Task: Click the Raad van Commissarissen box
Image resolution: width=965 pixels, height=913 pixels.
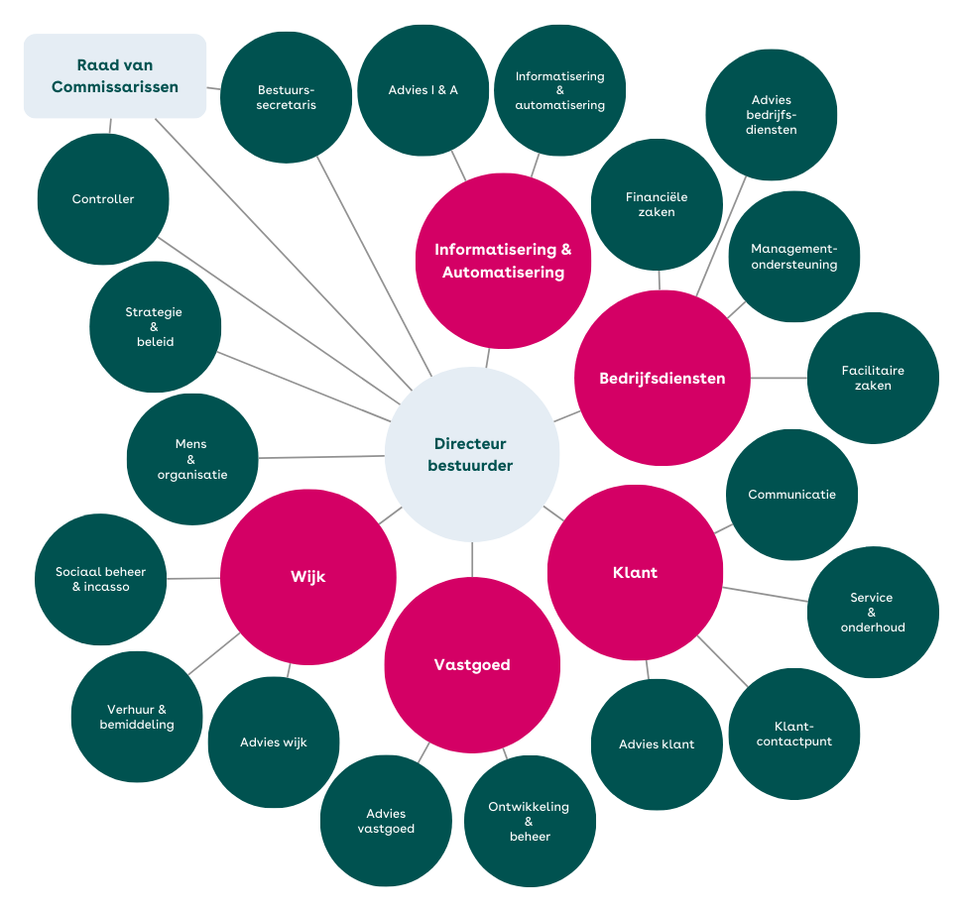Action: point(114,76)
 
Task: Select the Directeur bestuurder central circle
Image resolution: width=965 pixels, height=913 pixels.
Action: point(471,454)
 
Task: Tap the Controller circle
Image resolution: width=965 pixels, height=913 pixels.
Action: point(103,199)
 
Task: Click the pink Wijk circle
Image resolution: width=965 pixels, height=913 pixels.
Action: point(307,577)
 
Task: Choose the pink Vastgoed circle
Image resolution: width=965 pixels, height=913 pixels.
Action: point(472,665)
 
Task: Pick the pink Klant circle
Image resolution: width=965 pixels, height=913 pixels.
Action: point(635,572)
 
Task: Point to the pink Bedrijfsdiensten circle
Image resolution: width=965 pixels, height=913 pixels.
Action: point(663,378)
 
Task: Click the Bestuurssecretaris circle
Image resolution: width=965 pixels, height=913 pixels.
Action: point(286,97)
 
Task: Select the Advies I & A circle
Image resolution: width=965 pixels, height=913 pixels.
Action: point(423,90)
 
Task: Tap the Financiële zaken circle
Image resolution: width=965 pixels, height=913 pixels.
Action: point(657,204)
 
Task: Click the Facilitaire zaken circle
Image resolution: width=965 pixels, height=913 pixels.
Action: point(873,378)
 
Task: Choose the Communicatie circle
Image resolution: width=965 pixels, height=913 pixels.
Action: point(791,494)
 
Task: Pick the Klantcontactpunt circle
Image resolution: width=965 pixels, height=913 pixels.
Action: point(794,734)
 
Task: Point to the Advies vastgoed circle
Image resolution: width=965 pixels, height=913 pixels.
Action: point(386,821)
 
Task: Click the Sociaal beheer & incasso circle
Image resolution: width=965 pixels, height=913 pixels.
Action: point(100,579)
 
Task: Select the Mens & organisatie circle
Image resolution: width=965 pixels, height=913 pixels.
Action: point(192,459)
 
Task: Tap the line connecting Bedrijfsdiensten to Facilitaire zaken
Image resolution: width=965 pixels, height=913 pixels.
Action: point(779,378)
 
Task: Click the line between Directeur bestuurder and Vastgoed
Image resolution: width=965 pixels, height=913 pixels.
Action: point(472,559)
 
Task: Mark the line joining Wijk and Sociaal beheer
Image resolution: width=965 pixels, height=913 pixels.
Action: point(192,578)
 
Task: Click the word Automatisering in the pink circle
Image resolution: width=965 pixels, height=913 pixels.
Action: point(503,273)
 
